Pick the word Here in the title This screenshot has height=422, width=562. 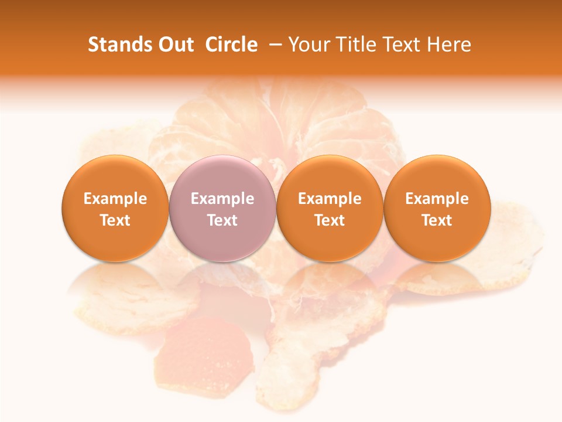coord(449,45)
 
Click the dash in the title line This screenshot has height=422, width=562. coord(277,45)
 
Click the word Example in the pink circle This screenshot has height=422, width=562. coord(222,199)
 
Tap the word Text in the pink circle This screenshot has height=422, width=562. coord(222,220)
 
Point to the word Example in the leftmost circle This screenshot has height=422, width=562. coord(115,199)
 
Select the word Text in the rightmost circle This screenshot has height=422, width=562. coord(437,220)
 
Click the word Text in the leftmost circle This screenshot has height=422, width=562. coord(115,220)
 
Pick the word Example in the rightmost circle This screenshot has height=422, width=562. coord(437,199)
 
